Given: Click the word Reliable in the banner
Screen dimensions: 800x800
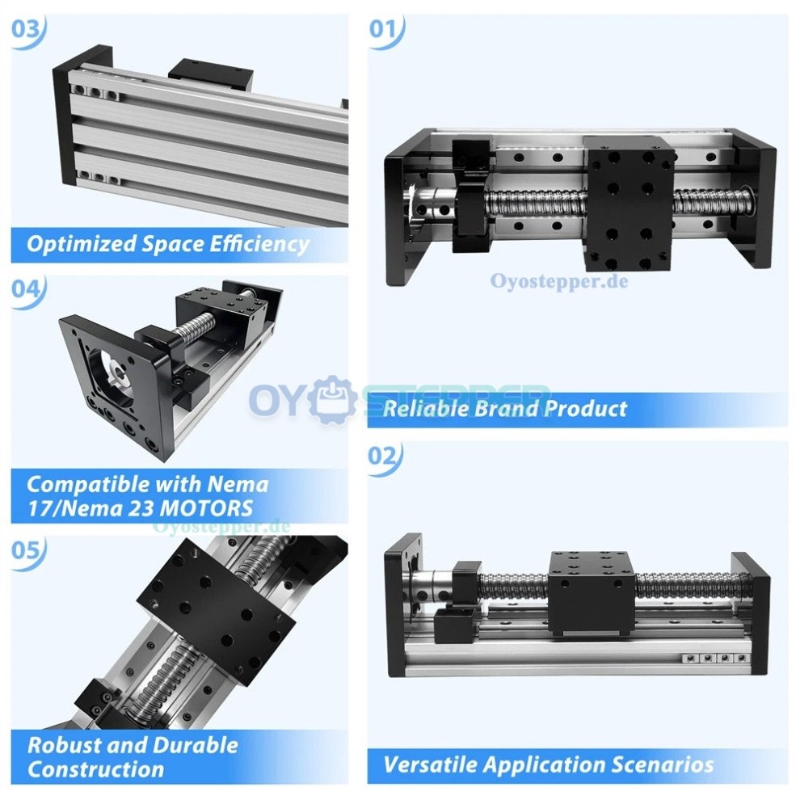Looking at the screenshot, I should (423, 409).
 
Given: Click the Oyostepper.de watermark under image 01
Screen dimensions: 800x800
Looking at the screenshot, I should (558, 281).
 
